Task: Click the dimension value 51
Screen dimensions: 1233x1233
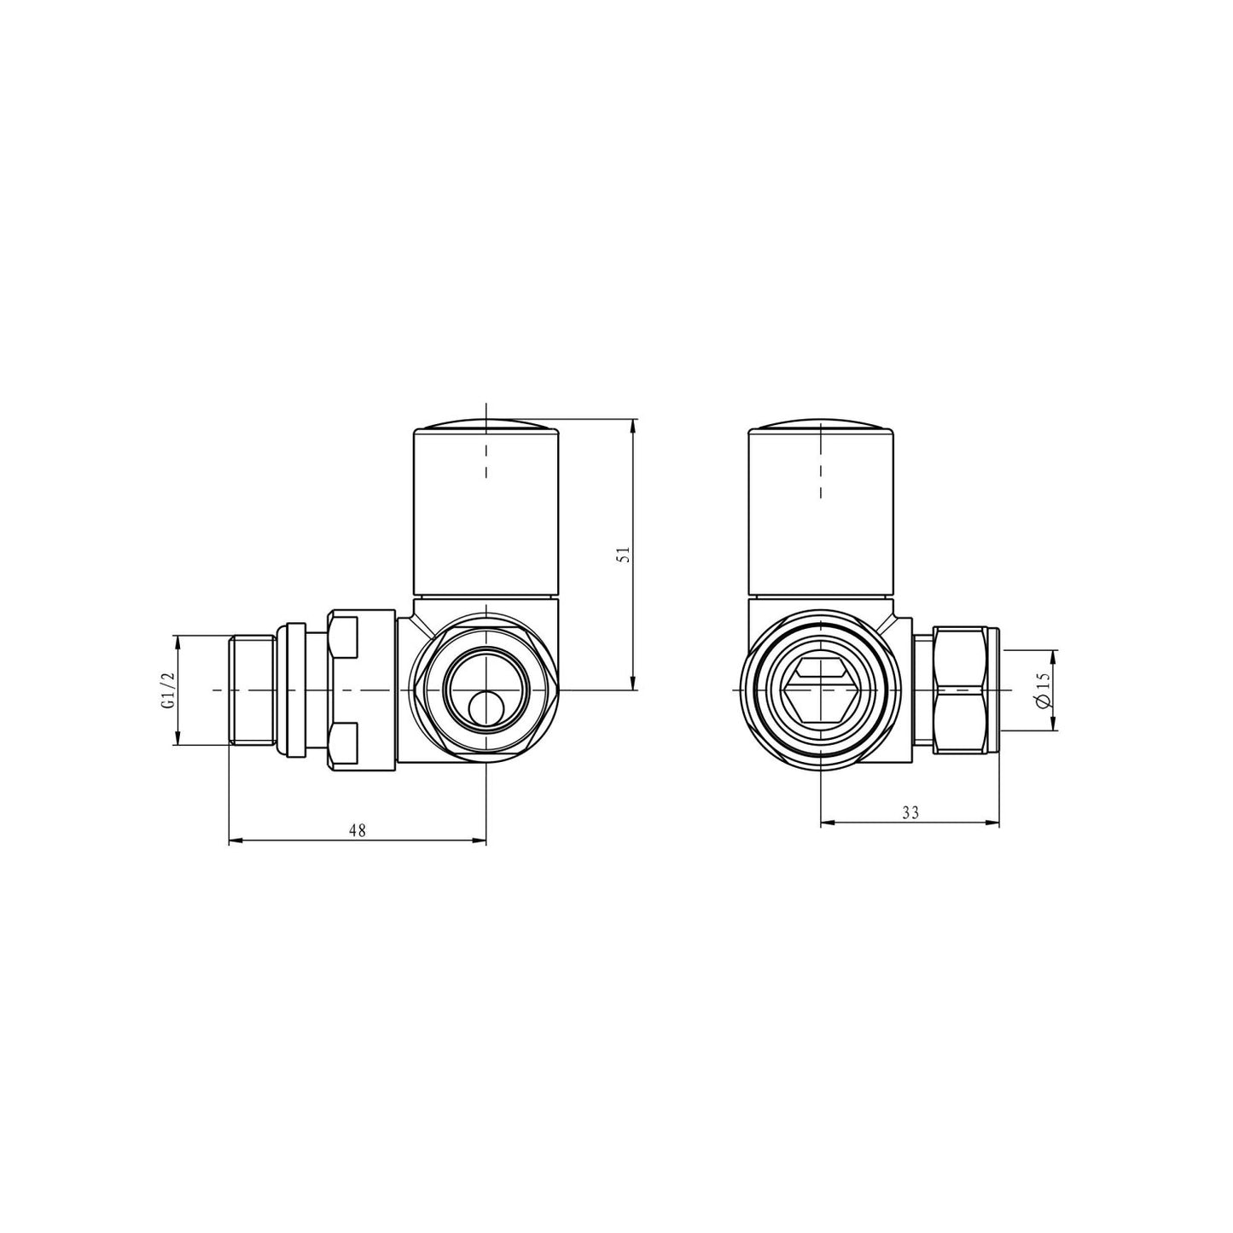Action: pyautogui.click(x=624, y=554)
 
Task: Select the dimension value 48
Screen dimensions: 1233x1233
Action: pyautogui.click(x=358, y=830)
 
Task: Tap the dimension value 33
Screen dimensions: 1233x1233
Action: pyautogui.click(x=910, y=812)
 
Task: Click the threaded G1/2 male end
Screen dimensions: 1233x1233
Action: pyautogui.click(x=252, y=689)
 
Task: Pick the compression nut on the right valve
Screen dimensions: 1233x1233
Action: pyautogui.click(x=964, y=689)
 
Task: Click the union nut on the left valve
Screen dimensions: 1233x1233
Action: pyautogui.click(x=344, y=689)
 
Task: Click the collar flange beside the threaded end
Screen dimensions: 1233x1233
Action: pyautogui.click(x=291, y=689)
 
